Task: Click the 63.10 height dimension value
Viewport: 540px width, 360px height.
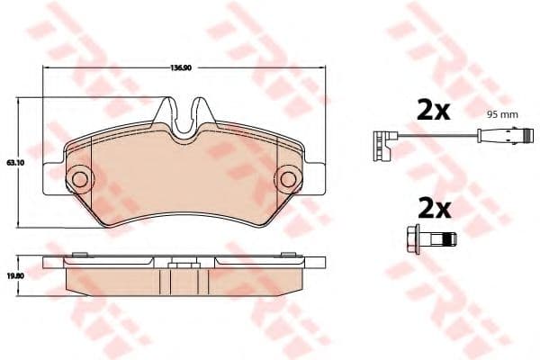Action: tap(13, 162)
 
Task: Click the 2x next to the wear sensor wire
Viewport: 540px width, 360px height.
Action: tap(432, 112)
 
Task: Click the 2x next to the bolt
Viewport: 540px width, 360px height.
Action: tap(432, 210)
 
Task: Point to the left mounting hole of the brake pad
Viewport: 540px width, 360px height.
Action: tap(78, 178)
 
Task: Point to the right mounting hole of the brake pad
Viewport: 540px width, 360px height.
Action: tap(290, 178)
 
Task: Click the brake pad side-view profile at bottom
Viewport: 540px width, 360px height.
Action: tap(184, 280)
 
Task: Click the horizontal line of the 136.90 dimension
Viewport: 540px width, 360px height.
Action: tap(108, 72)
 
